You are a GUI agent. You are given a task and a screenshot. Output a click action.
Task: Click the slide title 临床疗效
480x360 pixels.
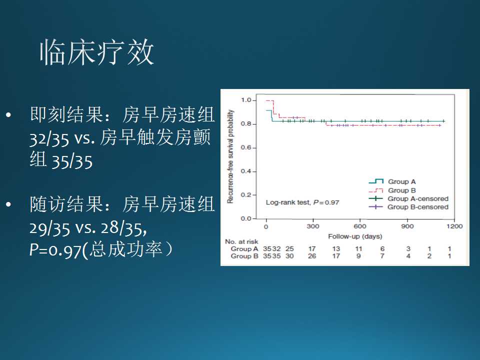pyautogui.click(x=96, y=52)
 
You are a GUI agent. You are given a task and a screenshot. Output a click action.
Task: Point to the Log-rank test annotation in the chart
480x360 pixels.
pyautogui.click(x=302, y=202)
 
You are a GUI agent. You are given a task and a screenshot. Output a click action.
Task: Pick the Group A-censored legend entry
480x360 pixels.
pyautogui.click(x=417, y=198)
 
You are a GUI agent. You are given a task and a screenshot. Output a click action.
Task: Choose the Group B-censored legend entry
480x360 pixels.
pyautogui.click(x=417, y=207)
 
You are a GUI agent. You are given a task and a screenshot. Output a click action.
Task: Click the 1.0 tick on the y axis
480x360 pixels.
pyautogui.click(x=245, y=100)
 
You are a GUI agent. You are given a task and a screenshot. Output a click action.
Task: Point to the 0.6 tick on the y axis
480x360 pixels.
pyautogui.click(x=245, y=147)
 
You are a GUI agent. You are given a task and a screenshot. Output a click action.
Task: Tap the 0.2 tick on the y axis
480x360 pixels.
pyautogui.click(x=245, y=195)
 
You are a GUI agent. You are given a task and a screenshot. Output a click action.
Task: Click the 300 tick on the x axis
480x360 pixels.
pyautogui.click(x=313, y=226)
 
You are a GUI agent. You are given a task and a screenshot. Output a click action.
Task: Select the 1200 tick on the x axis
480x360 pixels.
pyautogui.click(x=454, y=226)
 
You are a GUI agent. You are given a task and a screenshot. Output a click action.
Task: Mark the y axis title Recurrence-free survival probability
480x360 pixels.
pyautogui.click(x=231, y=155)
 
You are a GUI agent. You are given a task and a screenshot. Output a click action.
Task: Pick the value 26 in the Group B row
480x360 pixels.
pyautogui.click(x=312, y=256)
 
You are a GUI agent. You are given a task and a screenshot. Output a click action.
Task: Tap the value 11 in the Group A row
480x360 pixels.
pyautogui.click(x=359, y=249)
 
